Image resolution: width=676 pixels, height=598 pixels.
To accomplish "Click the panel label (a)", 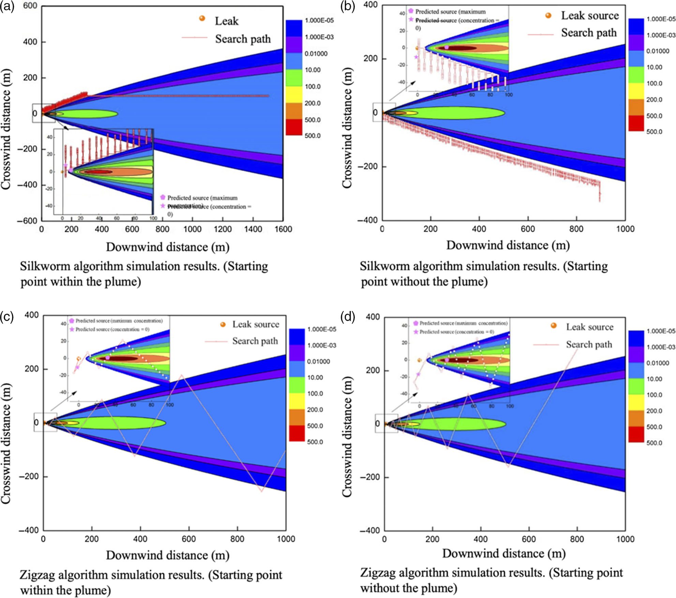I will [7, 6].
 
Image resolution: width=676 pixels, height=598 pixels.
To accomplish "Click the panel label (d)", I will [348, 317].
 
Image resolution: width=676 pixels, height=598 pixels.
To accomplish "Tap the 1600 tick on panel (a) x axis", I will [283, 229].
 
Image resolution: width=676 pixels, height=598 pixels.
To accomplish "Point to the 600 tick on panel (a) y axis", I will [30, 6].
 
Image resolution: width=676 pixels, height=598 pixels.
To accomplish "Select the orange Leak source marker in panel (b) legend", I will [548, 15].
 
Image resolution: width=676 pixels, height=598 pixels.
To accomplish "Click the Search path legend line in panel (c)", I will [216, 341].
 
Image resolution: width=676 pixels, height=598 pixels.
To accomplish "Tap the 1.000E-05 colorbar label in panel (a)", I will [319, 20].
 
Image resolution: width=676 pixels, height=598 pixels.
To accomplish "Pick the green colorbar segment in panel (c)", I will [297, 385].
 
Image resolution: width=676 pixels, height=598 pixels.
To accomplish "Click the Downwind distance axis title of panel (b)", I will [508, 245].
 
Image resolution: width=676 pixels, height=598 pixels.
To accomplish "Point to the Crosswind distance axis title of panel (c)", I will [6, 443].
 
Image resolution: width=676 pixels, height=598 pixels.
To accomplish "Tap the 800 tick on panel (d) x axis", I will [577, 539].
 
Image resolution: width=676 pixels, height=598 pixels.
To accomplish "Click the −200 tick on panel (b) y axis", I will [367, 167].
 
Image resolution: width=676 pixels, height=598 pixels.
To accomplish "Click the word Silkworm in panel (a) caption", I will [45, 266].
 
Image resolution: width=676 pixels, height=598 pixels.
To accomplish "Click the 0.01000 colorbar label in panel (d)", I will [658, 363].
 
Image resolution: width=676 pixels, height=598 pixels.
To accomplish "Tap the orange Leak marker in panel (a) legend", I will [202, 18].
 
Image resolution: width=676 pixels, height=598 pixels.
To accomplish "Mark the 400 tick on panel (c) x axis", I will [140, 539].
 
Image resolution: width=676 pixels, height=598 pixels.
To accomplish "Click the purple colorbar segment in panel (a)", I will [294, 44].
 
